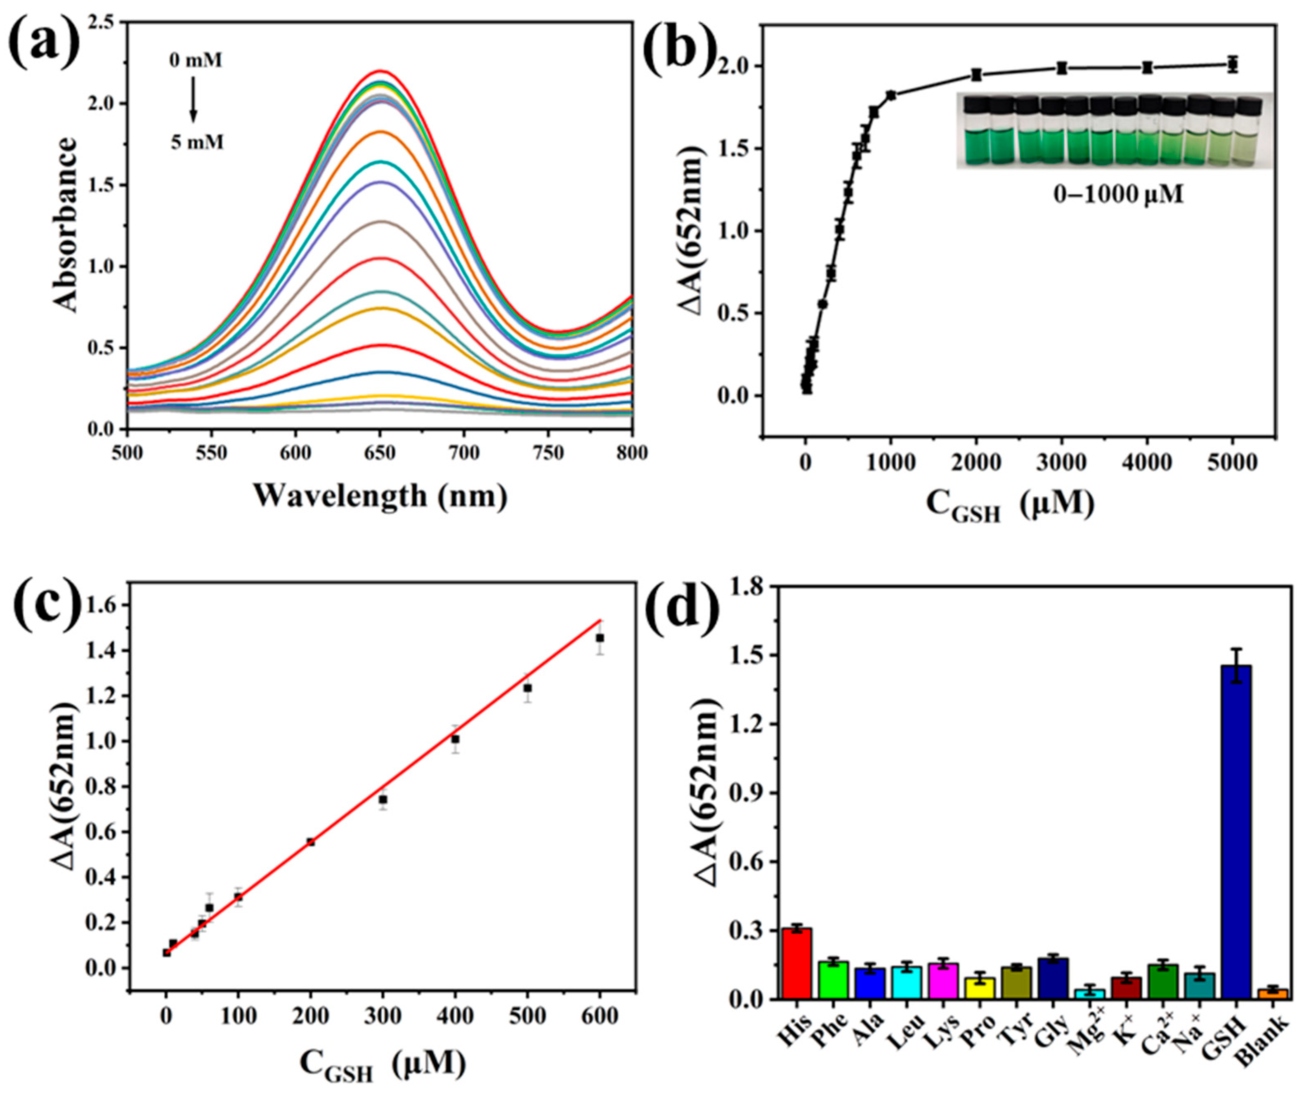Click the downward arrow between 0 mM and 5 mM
click(194, 100)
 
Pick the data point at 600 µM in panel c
click(600, 637)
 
